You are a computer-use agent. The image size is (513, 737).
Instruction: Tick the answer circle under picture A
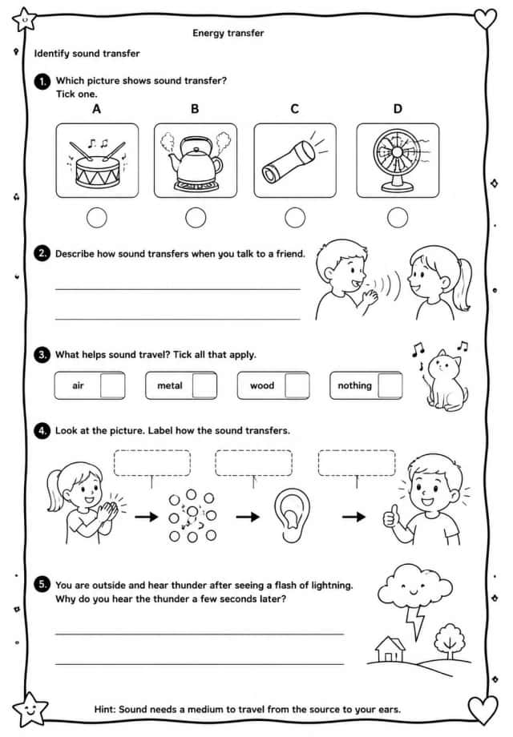(x=97, y=218)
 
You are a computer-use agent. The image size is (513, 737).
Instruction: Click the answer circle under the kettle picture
(x=196, y=218)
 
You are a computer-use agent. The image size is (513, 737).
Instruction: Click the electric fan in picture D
(x=398, y=159)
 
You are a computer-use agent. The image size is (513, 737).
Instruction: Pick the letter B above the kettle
(x=195, y=109)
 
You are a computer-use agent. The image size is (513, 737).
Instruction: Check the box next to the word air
(x=113, y=385)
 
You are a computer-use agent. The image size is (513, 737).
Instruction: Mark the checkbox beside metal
(x=204, y=385)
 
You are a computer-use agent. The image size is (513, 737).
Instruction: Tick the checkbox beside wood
(x=297, y=385)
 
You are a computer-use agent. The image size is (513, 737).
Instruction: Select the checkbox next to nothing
(x=390, y=385)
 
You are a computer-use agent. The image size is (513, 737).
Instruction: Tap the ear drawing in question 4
(x=292, y=516)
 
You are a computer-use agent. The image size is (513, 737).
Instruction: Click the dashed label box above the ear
(x=253, y=463)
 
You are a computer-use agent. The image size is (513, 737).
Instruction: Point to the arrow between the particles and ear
(x=248, y=517)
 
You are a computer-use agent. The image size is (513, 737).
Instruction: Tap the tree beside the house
(x=450, y=641)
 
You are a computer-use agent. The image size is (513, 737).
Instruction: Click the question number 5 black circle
(x=42, y=585)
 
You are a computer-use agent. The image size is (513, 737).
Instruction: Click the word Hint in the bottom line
(x=104, y=709)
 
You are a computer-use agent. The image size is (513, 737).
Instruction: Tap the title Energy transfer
(x=228, y=33)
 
